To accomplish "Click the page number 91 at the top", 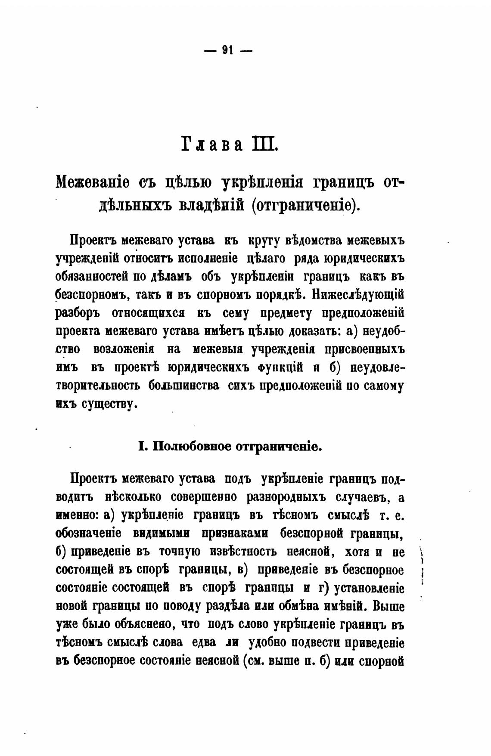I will click(x=227, y=50).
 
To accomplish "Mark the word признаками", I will click(x=235, y=534).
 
